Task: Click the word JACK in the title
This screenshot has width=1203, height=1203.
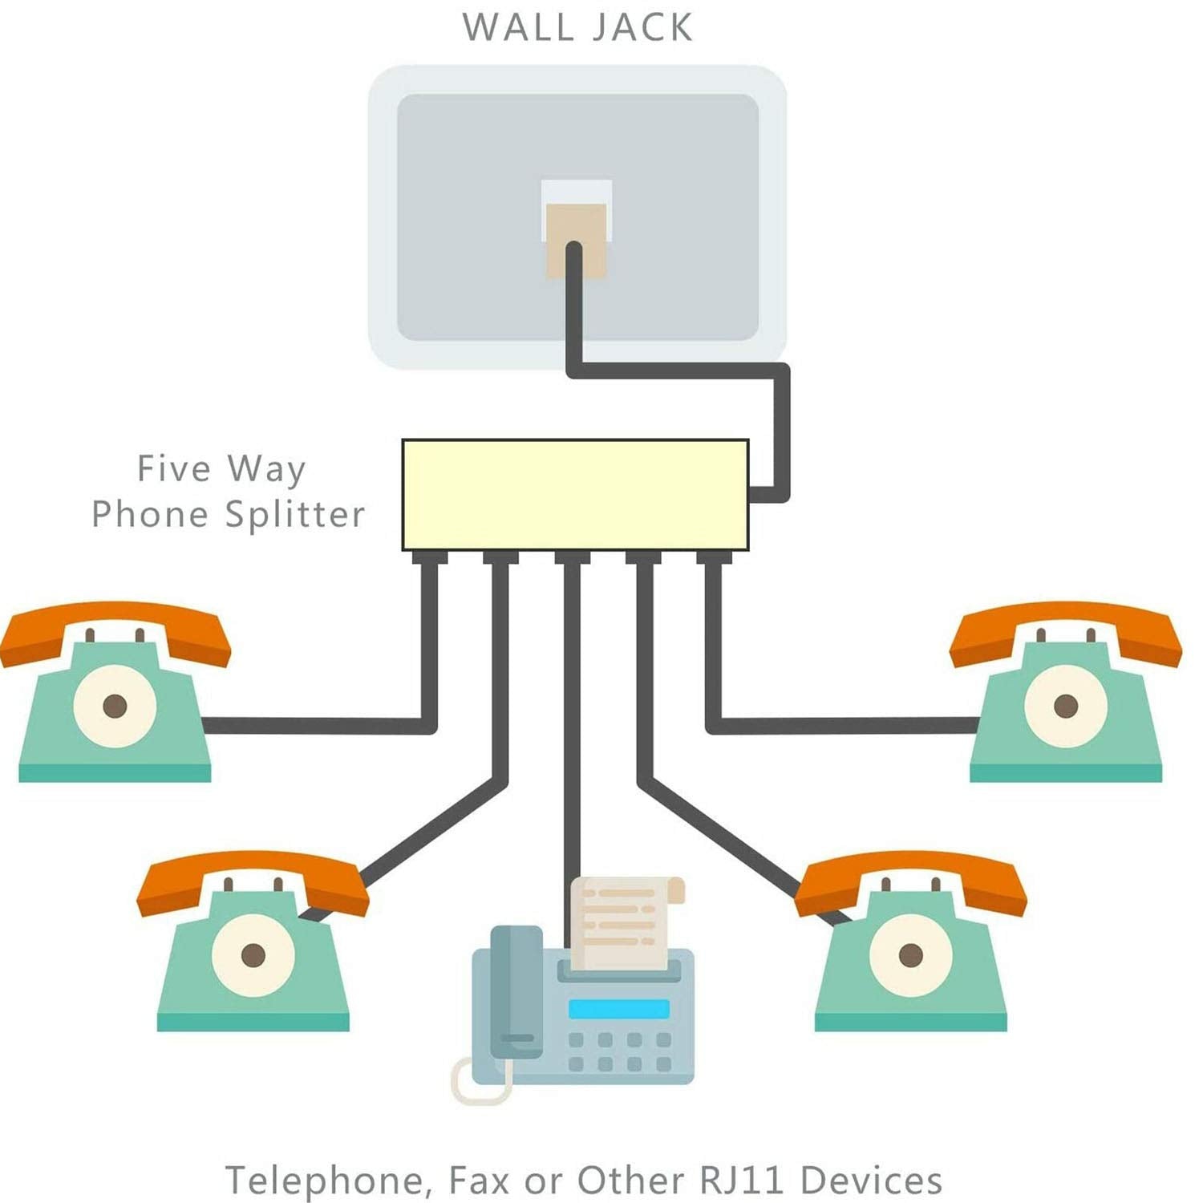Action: pyautogui.click(x=642, y=27)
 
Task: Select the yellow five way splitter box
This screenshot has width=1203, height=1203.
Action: pyautogui.click(x=575, y=495)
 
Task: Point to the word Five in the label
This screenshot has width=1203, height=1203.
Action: pyautogui.click(x=174, y=468)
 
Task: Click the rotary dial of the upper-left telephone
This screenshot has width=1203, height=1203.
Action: pyautogui.click(x=115, y=706)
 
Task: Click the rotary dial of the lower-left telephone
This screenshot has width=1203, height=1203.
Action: pyautogui.click(x=253, y=954)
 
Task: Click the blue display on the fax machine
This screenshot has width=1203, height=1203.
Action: pyautogui.click(x=618, y=1009)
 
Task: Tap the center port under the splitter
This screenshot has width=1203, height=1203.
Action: pyautogui.click(x=573, y=557)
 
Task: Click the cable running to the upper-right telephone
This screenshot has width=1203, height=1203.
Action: pyautogui.click(x=842, y=726)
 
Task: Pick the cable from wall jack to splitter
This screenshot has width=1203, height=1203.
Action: pyautogui.click(x=782, y=425)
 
